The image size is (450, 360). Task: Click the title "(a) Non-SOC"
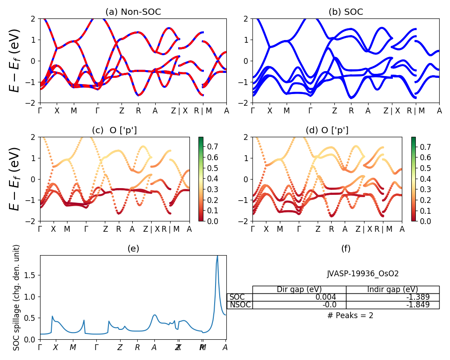133,12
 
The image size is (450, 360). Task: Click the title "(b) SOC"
346,12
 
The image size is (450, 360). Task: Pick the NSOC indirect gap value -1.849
415,305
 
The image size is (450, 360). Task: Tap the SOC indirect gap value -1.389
415,297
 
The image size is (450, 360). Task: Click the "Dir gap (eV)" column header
299,289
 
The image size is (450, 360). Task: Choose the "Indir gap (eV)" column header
392,289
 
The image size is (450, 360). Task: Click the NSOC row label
239,305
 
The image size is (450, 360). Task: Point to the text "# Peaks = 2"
350,315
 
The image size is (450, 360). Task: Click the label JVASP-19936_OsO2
363,274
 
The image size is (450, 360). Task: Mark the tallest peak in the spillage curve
217,256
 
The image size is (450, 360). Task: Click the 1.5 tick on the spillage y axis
31,275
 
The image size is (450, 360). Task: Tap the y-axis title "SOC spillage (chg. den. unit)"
17,297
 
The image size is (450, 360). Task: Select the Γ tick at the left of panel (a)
40,111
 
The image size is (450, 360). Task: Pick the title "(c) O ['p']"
114,130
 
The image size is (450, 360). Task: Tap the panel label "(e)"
133,249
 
